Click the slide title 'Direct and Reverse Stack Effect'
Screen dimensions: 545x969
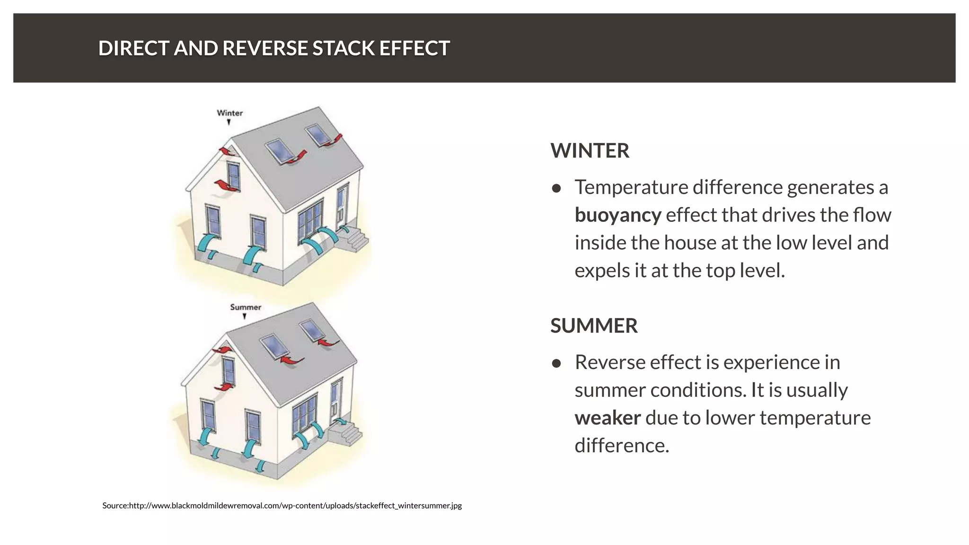tap(273, 48)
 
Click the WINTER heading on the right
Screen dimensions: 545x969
tap(590, 151)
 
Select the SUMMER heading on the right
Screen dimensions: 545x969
tap(594, 326)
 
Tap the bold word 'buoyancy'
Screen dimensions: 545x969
tap(617, 215)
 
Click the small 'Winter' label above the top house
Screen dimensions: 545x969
tap(229, 113)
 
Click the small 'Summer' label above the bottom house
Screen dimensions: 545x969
tap(245, 307)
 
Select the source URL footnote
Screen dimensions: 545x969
tap(282, 506)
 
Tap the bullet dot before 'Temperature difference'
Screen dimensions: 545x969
tap(556, 189)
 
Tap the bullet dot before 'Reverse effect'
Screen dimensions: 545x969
tap(556, 364)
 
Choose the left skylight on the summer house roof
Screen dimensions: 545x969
tap(273, 346)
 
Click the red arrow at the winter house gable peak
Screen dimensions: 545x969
tap(227, 151)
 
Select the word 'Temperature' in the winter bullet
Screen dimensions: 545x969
tap(631, 188)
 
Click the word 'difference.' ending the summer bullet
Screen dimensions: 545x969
tap(622, 446)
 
